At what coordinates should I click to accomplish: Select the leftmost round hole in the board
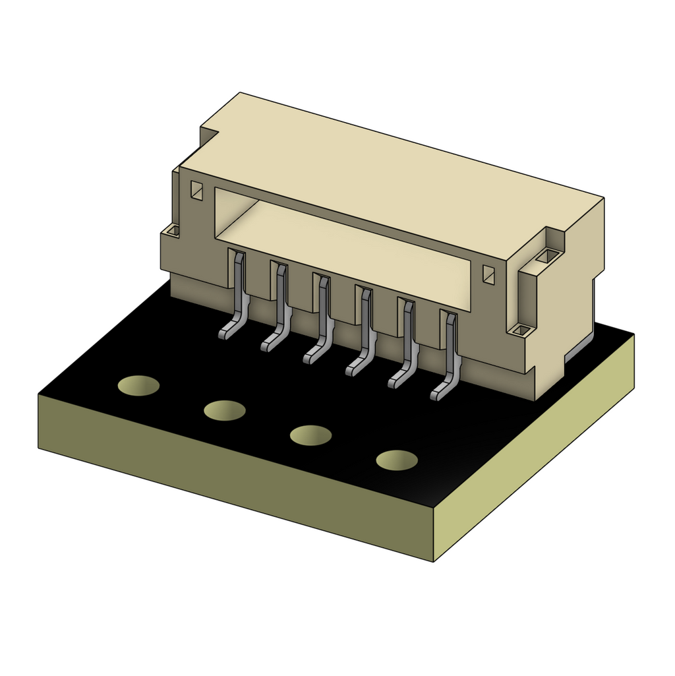[x=138, y=386]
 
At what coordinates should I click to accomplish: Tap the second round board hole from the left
[x=225, y=410]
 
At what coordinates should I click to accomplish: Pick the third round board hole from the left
[x=310, y=435]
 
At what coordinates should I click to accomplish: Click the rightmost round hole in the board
[x=397, y=460]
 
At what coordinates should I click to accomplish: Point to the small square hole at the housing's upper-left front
[x=196, y=191]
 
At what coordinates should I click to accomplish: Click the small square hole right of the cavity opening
[x=488, y=274]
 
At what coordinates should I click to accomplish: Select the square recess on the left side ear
[x=171, y=231]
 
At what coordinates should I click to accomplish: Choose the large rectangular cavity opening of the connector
[x=343, y=251]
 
